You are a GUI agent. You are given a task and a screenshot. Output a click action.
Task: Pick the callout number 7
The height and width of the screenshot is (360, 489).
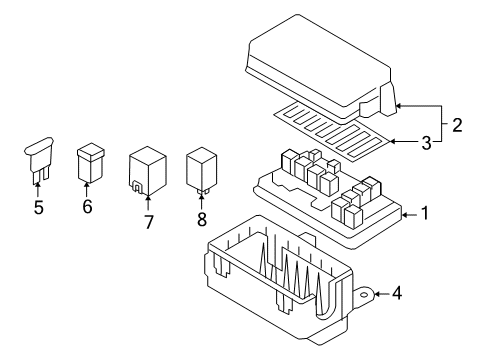[147, 221]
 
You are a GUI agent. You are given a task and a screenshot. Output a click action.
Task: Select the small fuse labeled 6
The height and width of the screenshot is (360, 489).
[90, 162]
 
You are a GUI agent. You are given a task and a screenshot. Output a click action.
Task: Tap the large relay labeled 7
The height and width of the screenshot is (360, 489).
[146, 171]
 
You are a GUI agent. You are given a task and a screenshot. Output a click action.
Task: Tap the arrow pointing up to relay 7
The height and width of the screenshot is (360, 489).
[147, 201]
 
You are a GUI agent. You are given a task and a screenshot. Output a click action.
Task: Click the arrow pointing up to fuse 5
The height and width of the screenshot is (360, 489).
[39, 192]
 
